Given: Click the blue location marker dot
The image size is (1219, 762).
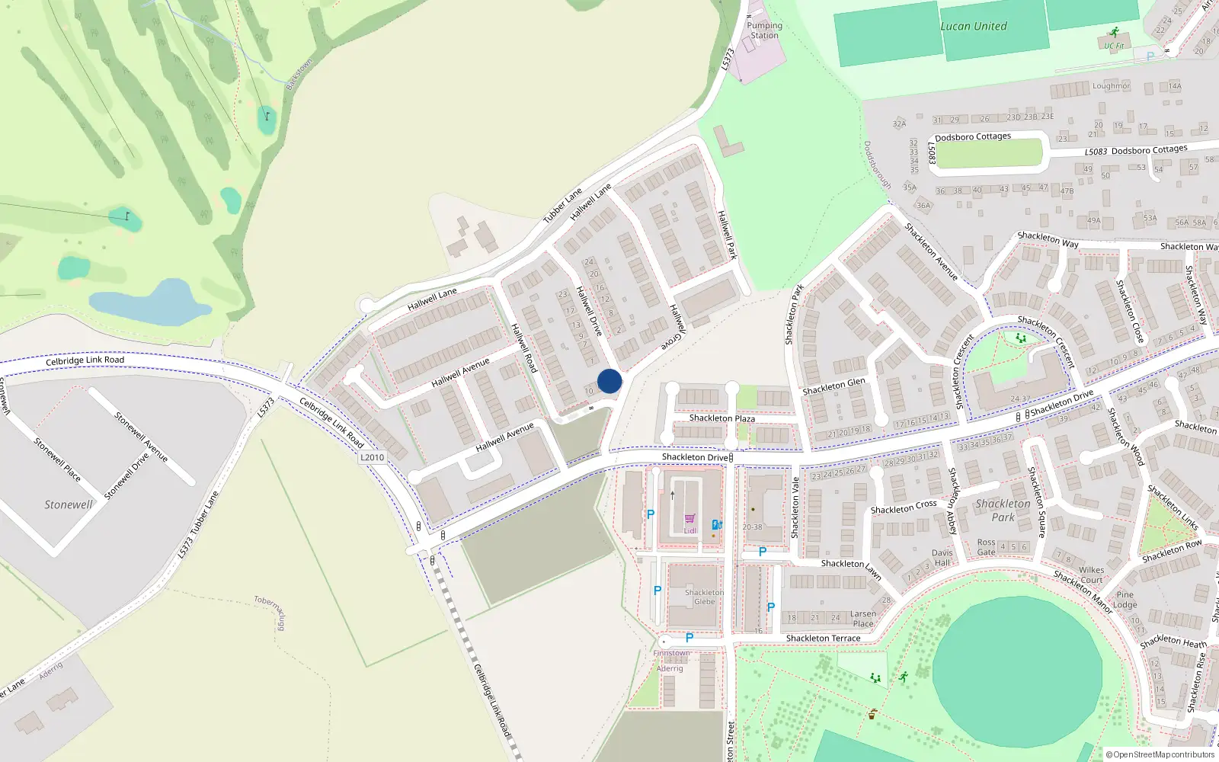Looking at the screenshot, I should click(609, 381).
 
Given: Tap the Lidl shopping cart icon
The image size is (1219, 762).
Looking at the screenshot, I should click(689, 519).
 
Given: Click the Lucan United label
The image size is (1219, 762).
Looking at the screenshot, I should click(973, 26).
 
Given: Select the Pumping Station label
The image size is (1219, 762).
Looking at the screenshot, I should click(764, 30).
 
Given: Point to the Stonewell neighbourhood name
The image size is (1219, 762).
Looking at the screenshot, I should click(68, 504).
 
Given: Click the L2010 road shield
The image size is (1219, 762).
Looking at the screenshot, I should click(372, 457).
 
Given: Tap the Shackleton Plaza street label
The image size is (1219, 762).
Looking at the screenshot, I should click(721, 418).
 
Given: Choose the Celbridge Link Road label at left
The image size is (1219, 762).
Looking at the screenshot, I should click(85, 360).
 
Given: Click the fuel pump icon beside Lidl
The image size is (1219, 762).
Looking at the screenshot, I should click(716, 524).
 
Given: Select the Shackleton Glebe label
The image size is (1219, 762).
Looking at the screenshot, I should click(704, 597).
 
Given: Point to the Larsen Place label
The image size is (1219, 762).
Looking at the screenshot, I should click(863, 618).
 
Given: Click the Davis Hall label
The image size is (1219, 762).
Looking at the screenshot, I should click(942, 558).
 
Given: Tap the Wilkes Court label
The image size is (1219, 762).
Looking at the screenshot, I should click(1091, 575).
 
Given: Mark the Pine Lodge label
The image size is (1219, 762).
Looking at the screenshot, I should click(1125, 600).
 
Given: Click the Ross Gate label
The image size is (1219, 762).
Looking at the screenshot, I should click(986, 547).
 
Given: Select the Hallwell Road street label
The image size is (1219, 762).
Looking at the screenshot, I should click(524, 347).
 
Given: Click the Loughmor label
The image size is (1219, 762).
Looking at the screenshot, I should click(1111, 86).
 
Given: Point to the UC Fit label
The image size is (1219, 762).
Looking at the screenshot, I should click(1114, 46).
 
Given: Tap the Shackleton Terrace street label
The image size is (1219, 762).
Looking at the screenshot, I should click(823, 639).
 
